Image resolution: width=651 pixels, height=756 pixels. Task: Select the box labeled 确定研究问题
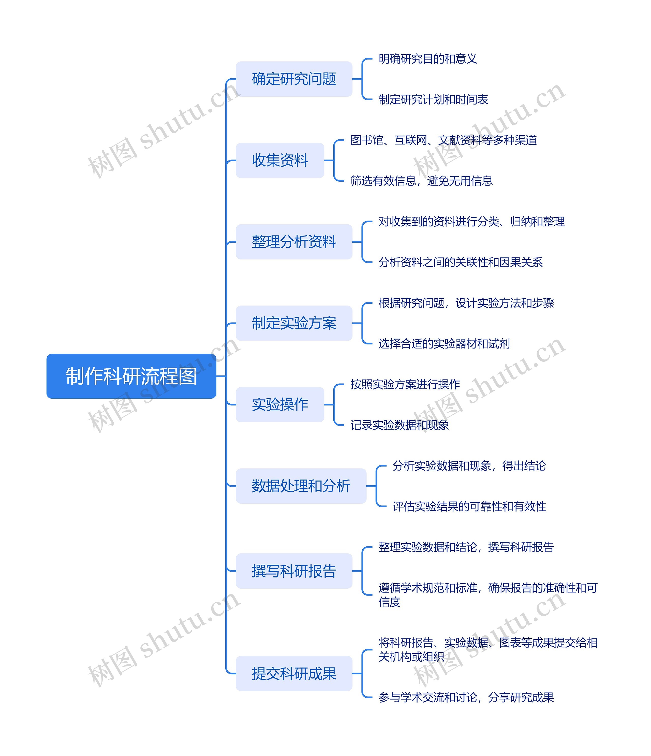coord(294,79)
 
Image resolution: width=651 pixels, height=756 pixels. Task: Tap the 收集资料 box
coord(280,160)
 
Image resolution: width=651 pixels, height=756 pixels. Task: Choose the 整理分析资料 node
coord(294,242)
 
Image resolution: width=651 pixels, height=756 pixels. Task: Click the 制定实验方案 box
coord(294,323)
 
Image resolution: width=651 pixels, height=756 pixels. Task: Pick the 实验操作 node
coord(280,404)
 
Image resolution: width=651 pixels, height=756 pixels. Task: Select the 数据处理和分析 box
coord(301,486)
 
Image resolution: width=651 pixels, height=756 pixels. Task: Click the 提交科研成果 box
coord(294,673)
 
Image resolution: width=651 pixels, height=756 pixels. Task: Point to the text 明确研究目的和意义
coord(427,59)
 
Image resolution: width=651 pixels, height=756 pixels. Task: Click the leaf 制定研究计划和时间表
coord(433,99)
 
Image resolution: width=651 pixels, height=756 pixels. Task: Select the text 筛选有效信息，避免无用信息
coord(421,181)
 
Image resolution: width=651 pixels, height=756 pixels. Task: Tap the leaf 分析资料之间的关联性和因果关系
coord(460,262)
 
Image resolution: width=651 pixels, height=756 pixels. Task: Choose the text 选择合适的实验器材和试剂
coord(444,343)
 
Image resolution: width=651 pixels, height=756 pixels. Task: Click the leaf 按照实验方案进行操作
coord(405,384)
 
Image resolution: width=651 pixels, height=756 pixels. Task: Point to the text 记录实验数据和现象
coord(399,425)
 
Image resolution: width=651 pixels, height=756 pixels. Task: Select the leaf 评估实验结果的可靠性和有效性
coord(469,506)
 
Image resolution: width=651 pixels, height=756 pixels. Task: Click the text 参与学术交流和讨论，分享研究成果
coord(466,697)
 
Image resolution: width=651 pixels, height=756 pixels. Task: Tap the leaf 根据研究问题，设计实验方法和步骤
coord(466,303)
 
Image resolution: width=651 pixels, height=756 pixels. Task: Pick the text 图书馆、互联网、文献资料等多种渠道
coord(443,140)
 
